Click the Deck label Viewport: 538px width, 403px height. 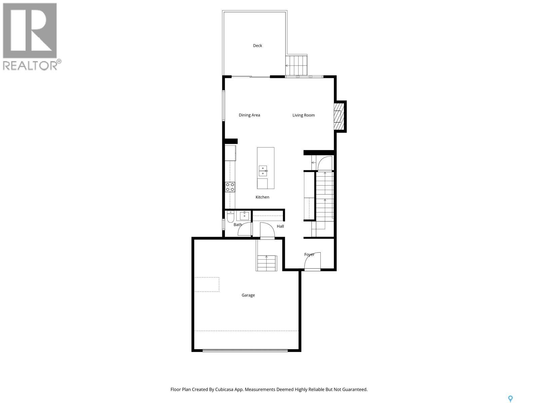(x=257, y=46)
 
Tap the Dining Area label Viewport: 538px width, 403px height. (x=249, y=115)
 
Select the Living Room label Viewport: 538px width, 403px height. (x=303, y=115)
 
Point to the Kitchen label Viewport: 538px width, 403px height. (x=262, y=197)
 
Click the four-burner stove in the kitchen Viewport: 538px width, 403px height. (x=230, y=187)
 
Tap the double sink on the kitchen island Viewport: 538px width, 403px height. (x=263, y=171)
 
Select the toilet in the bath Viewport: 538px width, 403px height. (x=230, y=218)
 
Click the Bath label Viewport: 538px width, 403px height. (x=238, y=225)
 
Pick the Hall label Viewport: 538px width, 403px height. (x=280, y=226)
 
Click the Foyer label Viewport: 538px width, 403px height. (x=309, y=255)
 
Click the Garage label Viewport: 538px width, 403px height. (x=248, y=295)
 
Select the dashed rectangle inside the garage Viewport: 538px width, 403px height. (x=207, y=284)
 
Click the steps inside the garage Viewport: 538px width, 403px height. (x=267, y=263)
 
